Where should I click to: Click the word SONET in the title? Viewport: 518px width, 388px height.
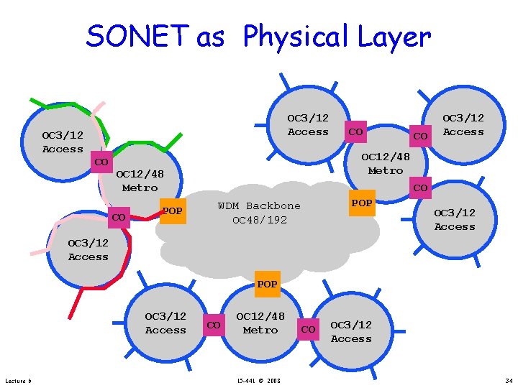tap(138, 36)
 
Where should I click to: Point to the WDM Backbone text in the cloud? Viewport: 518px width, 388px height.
tap(259, 206)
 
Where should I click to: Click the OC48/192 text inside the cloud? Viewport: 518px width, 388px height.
tap(259, 220)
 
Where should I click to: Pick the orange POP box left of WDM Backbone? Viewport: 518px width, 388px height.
tap(172, 211)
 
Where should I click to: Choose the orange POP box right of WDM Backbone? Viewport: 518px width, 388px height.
tap(362, 203)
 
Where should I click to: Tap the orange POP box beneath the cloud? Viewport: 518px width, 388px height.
tap(267, 284)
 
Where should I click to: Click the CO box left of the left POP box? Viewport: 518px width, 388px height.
tap(119, 217)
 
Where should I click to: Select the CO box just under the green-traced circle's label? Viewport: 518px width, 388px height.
tap(101, 162)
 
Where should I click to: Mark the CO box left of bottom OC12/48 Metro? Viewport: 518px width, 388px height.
tap(213, 325)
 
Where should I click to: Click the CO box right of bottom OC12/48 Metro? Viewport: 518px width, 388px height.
tap(308, 329)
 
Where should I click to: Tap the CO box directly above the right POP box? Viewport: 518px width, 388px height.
tap(420, 188)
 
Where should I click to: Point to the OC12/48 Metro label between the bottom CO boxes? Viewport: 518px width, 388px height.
tap(260, 323)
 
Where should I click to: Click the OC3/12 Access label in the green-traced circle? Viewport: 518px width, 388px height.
tap(63, 142)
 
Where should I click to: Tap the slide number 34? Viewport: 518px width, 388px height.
tap(509, 380)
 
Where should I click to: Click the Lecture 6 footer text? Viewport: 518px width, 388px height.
tap(17, 380)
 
